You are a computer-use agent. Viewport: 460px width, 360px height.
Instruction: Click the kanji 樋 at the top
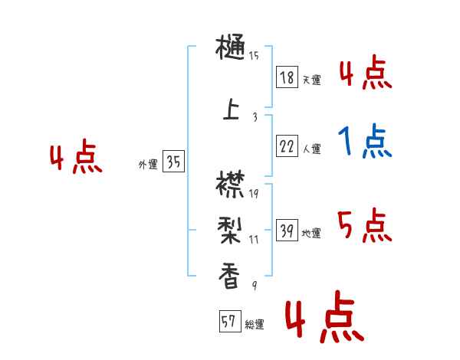231,50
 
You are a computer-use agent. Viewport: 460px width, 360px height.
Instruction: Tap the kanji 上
230,110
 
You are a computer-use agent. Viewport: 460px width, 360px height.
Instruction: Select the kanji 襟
231,187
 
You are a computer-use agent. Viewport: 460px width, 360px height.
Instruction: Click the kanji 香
230,273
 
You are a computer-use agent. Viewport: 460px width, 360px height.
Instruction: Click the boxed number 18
287,77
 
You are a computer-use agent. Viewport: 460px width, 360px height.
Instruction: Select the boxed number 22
287,146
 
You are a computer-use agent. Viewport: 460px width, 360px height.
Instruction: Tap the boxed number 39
287,231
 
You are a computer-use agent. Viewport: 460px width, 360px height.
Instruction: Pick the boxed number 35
173,162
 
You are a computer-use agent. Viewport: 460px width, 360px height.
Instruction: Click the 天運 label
310,80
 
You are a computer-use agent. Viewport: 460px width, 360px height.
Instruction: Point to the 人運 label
311,149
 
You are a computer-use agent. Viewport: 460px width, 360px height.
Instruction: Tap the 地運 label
310,234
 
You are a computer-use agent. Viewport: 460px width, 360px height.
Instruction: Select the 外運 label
147,164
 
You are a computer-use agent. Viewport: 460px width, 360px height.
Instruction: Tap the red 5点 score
365,226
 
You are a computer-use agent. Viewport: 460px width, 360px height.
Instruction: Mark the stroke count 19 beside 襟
254,193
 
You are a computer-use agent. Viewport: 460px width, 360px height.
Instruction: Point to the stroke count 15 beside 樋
254,55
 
